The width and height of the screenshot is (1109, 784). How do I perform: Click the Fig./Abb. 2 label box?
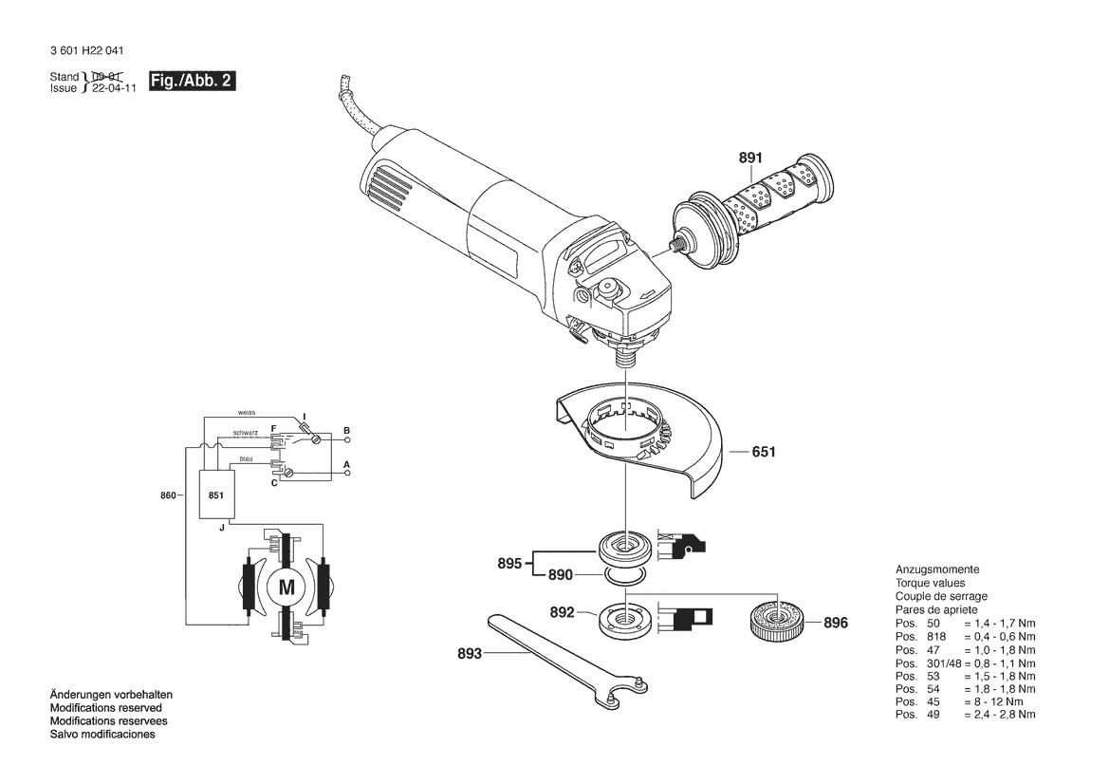(x=192, y=81)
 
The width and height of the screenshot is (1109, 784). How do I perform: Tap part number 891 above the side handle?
(x=750, y=158)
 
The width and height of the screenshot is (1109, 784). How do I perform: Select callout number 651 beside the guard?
(x=764, y=452)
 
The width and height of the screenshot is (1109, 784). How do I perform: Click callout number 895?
(x=509, y=564)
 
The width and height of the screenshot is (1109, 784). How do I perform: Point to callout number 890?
(x=560, y=575)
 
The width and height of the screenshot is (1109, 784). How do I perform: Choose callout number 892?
(x=563, y=612)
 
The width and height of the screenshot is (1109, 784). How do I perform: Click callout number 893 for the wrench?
(x=470, y=654)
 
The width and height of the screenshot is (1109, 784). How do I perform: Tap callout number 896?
(x=835, y=623)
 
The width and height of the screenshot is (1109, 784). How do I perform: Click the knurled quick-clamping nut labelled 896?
(x=777, y=621)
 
